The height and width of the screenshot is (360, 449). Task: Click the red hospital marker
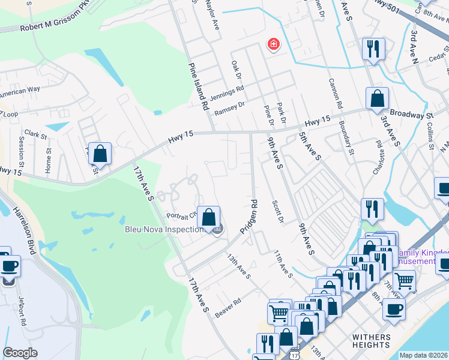[273, 44]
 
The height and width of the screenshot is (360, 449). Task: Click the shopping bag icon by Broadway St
[377, 99]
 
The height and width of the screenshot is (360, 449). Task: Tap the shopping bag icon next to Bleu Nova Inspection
[208, 218]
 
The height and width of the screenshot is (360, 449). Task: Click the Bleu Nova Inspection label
[165, 229]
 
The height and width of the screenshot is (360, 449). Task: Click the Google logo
[20, 353]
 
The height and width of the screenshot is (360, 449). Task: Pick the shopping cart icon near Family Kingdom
[404, 280]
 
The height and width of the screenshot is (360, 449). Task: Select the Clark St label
[35, 136]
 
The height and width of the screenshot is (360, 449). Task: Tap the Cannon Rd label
[334, 94]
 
